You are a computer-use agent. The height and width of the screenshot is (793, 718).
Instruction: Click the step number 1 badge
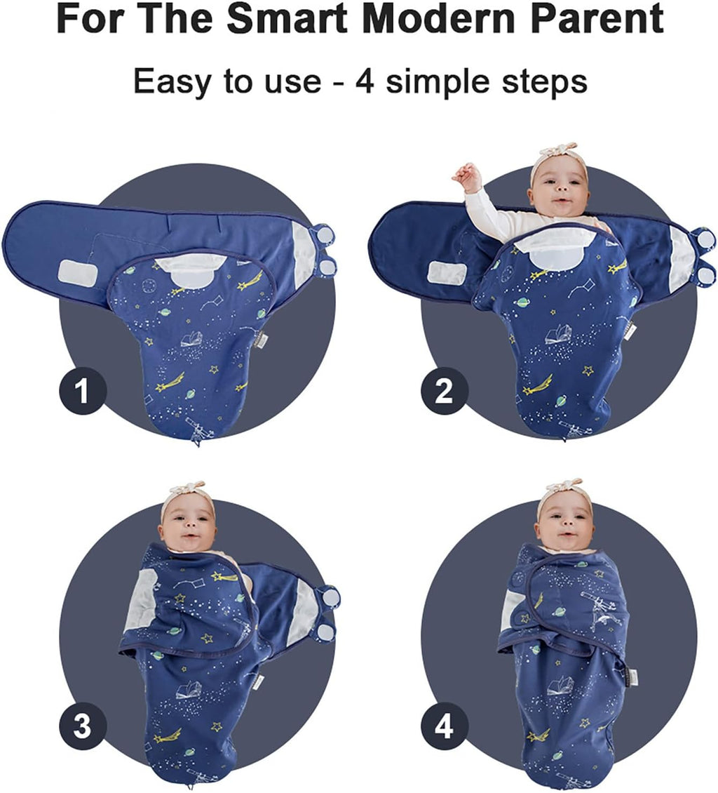[83, 392]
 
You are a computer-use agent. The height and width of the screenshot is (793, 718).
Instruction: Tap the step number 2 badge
[444, 392]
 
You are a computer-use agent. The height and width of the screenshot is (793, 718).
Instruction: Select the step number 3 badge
[83, 727]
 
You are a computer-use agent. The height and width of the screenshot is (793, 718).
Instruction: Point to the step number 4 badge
[444, 727]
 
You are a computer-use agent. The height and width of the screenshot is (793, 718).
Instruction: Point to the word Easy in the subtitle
[171, 82]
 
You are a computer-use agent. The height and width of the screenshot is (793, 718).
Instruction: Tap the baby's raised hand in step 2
[466, 176]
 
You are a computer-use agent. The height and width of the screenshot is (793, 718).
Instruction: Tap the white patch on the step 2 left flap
[447, 272]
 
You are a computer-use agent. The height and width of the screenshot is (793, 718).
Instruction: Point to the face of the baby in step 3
[187, 526]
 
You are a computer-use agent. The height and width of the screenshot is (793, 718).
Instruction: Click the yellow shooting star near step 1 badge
[170, 382]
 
